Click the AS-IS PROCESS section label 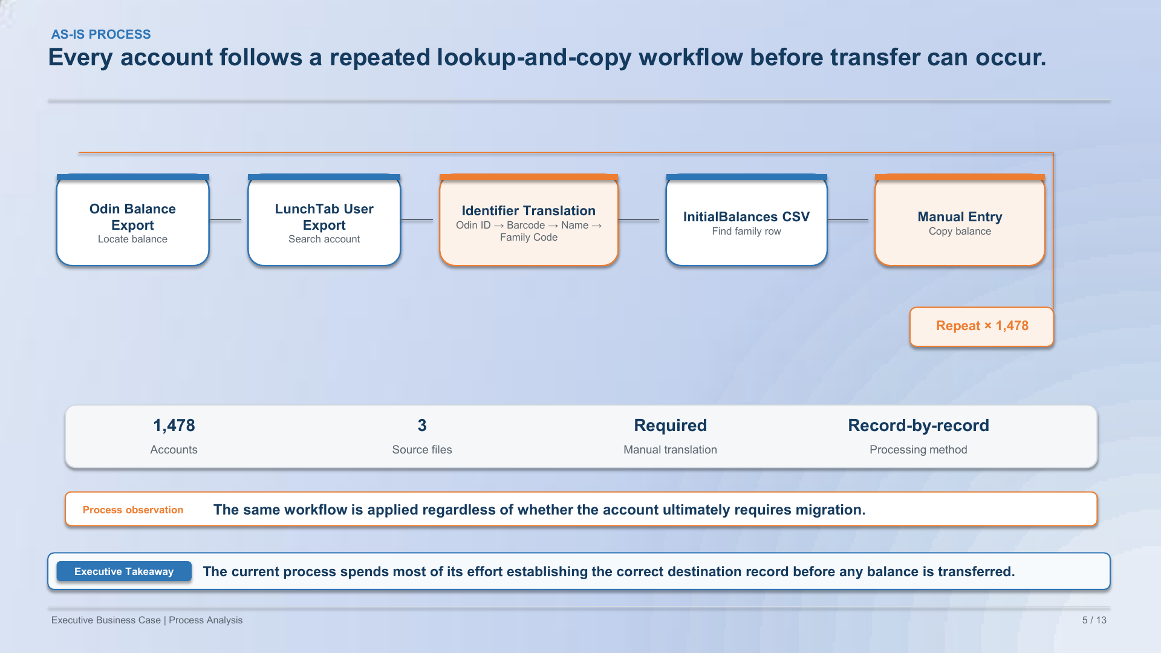click(101, 34)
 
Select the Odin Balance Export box click(133, 220)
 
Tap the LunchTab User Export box click(324, 220)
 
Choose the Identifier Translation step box click(529, 220)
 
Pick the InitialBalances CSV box click(747, 220)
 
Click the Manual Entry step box click(960, 220)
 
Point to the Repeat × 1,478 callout click(982, 326)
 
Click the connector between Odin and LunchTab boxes click(226, 219)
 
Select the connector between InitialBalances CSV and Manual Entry click(848, 219)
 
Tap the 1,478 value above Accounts click(174, 426)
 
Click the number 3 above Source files click(422, 426)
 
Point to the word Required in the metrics click(671, 426)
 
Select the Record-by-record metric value click(919, 426)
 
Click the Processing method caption click(919, 450)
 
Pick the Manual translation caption click(671, 450)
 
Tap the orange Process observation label click(133, 510)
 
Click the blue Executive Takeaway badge click(124, 571)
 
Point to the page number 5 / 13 click(1094, 620)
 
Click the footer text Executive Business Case click(106, 620)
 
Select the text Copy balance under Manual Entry click(960, 232)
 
